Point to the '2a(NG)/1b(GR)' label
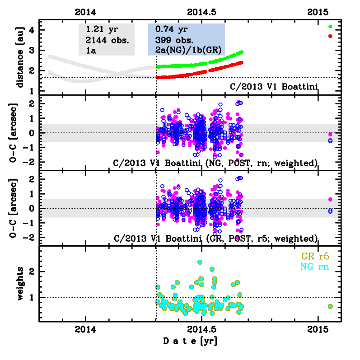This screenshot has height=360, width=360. (x=186, y=49)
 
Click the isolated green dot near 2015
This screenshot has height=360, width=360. (x=330, y=27)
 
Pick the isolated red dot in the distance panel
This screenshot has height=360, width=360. (x=330, y=36)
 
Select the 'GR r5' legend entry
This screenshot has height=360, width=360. (x=315, y=257)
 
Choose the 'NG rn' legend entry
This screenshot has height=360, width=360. (x=315, y=267)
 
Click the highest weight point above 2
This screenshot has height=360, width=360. (x=200, y=262)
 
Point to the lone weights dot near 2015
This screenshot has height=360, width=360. (x=330, y=306)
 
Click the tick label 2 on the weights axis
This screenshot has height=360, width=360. (x=33, y=271)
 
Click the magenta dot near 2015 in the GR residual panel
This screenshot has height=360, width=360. (x=330, y=199)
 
